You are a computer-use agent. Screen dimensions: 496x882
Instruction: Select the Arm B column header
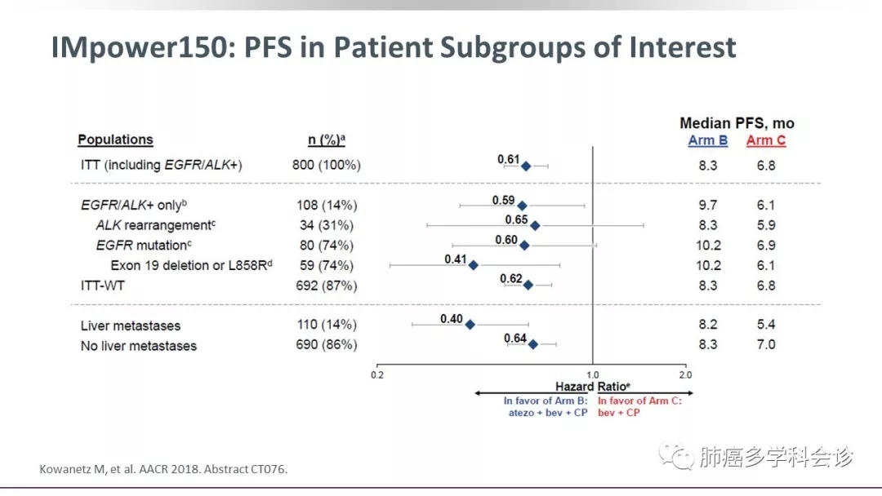coord(707,140)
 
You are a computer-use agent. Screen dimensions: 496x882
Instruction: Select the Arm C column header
coord(765,140)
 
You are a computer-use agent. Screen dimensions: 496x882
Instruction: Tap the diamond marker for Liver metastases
coord(470,325)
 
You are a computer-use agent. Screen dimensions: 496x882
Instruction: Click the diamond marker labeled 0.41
coord(473,265)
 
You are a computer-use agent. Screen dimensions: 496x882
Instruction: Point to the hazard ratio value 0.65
coord(516,219)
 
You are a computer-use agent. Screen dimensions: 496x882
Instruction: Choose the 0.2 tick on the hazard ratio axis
coord(376,374)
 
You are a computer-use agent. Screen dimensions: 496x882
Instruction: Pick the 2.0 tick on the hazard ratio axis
coord(684,374)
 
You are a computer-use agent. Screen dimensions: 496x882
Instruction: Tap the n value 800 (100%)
coord(326,165)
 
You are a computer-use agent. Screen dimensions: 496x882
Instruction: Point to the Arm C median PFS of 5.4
coord(765,325)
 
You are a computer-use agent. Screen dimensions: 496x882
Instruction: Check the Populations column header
coord(115,139)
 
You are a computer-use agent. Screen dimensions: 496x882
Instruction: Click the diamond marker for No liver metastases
coord(533,344)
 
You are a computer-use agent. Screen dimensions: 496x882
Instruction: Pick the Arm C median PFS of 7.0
coord(765,344)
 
